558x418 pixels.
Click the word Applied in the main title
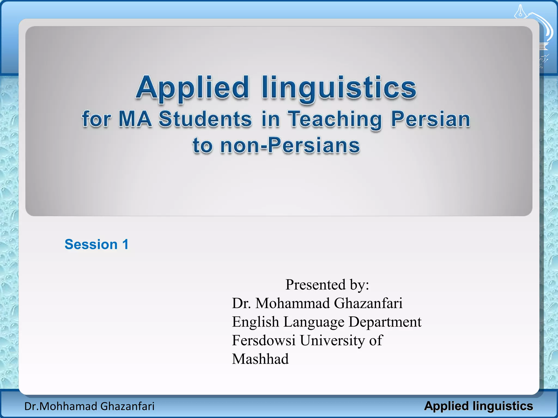[192, 88]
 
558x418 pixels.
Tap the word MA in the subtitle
[135, 119]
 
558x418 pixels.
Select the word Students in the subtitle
[205, 119]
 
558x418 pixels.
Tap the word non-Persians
[290, 145]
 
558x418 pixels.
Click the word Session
[91, 244]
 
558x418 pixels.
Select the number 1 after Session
[125, 244]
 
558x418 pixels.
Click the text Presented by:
[327, 285]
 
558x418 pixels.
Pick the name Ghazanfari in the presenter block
[368, 303]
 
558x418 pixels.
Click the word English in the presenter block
[255, 322]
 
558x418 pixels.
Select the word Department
[385, 322]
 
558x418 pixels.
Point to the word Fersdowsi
[263, 340]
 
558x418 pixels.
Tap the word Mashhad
[260, 359]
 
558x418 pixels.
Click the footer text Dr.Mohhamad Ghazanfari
[89, 406]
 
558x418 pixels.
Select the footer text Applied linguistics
[478, 406]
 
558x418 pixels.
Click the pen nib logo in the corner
[520, 12]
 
